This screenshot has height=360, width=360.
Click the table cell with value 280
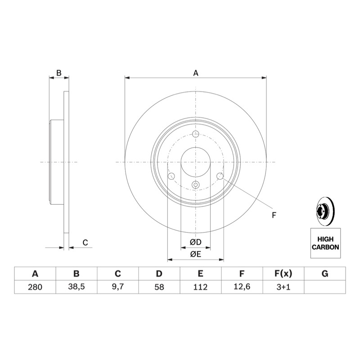tap(35, 287)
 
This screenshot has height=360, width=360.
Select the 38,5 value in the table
tap(76, 287)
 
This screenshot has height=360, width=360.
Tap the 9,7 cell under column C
tap(118, 287)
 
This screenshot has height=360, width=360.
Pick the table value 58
tap(159, 287)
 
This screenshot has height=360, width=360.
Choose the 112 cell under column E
tap(200, 287)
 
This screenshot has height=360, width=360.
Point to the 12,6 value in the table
tap(242, 287)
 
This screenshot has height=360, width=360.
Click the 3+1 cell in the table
tap(283, 287)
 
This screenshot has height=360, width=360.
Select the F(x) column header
tap(283, 274)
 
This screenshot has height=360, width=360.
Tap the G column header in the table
tap(325, 274)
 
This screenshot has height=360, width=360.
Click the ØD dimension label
tap(196, 242)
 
